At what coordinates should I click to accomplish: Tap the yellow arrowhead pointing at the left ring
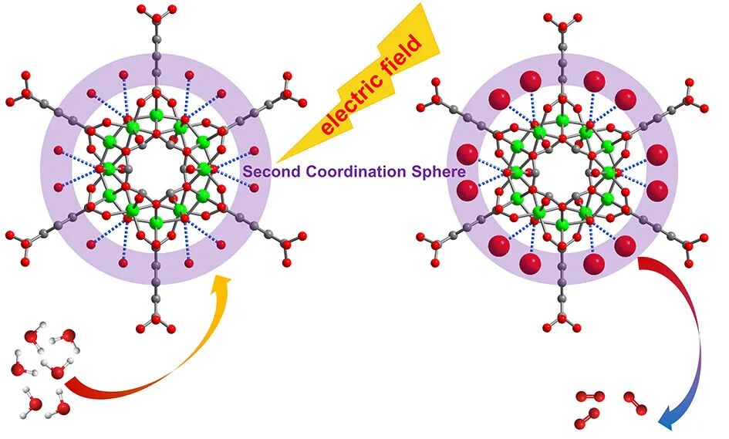click(222, 286)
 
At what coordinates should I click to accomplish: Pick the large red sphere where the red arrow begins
click(626, 246)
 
